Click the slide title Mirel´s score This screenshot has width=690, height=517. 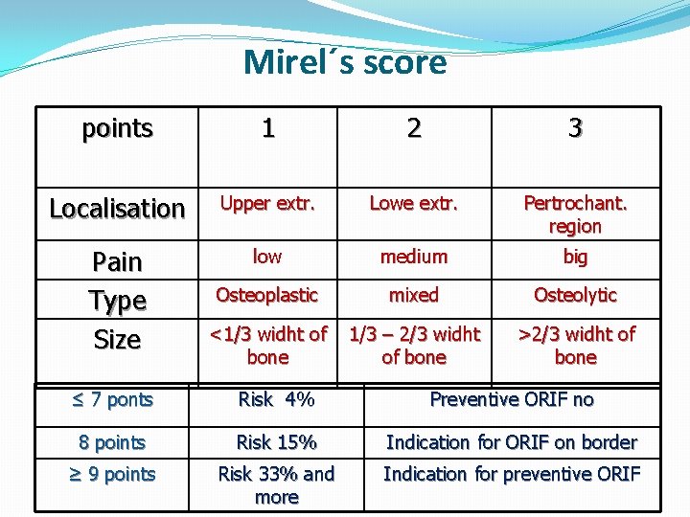345,62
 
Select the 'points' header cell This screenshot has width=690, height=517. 117,128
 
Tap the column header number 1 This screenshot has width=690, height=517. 268,128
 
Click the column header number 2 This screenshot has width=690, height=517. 413,128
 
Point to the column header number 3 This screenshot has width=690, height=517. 575,128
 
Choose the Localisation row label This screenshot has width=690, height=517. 117,208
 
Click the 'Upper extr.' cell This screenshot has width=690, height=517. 268,203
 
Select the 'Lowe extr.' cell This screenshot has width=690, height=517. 413,203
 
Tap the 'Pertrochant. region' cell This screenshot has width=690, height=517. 575,214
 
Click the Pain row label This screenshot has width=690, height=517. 117,261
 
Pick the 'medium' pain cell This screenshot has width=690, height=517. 413,257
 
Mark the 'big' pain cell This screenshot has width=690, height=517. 575,257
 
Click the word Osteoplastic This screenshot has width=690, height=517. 267,295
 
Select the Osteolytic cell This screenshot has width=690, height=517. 575,295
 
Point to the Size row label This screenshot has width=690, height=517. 117,339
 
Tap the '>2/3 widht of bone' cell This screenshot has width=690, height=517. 575,345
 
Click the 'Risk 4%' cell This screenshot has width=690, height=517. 276,399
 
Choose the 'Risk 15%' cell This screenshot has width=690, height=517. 276,442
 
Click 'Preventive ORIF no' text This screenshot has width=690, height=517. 512,399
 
